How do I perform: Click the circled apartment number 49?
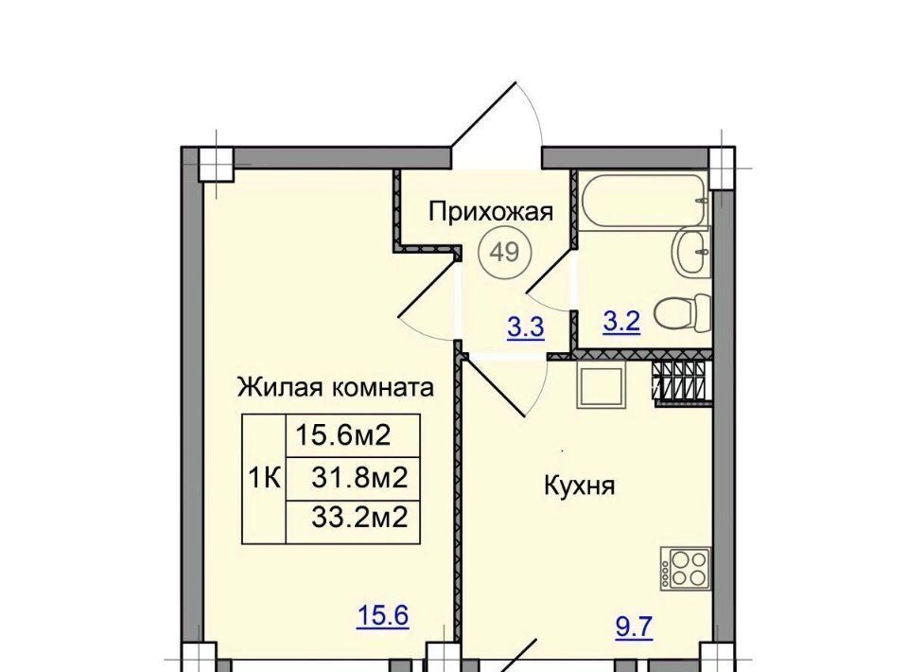505,252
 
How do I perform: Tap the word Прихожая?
491,212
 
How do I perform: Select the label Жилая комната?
335,387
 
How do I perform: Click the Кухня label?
579,486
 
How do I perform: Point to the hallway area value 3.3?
526,327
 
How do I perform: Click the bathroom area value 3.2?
621,322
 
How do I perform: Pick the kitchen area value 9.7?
634,628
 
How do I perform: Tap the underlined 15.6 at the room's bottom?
383,615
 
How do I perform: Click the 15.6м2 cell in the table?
353,435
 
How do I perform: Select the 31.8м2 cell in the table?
353,479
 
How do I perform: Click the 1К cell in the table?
264,479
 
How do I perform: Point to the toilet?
683,314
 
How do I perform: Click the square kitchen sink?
602,386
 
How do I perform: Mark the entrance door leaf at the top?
483,115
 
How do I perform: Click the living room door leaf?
429,286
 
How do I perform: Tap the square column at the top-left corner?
216,164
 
